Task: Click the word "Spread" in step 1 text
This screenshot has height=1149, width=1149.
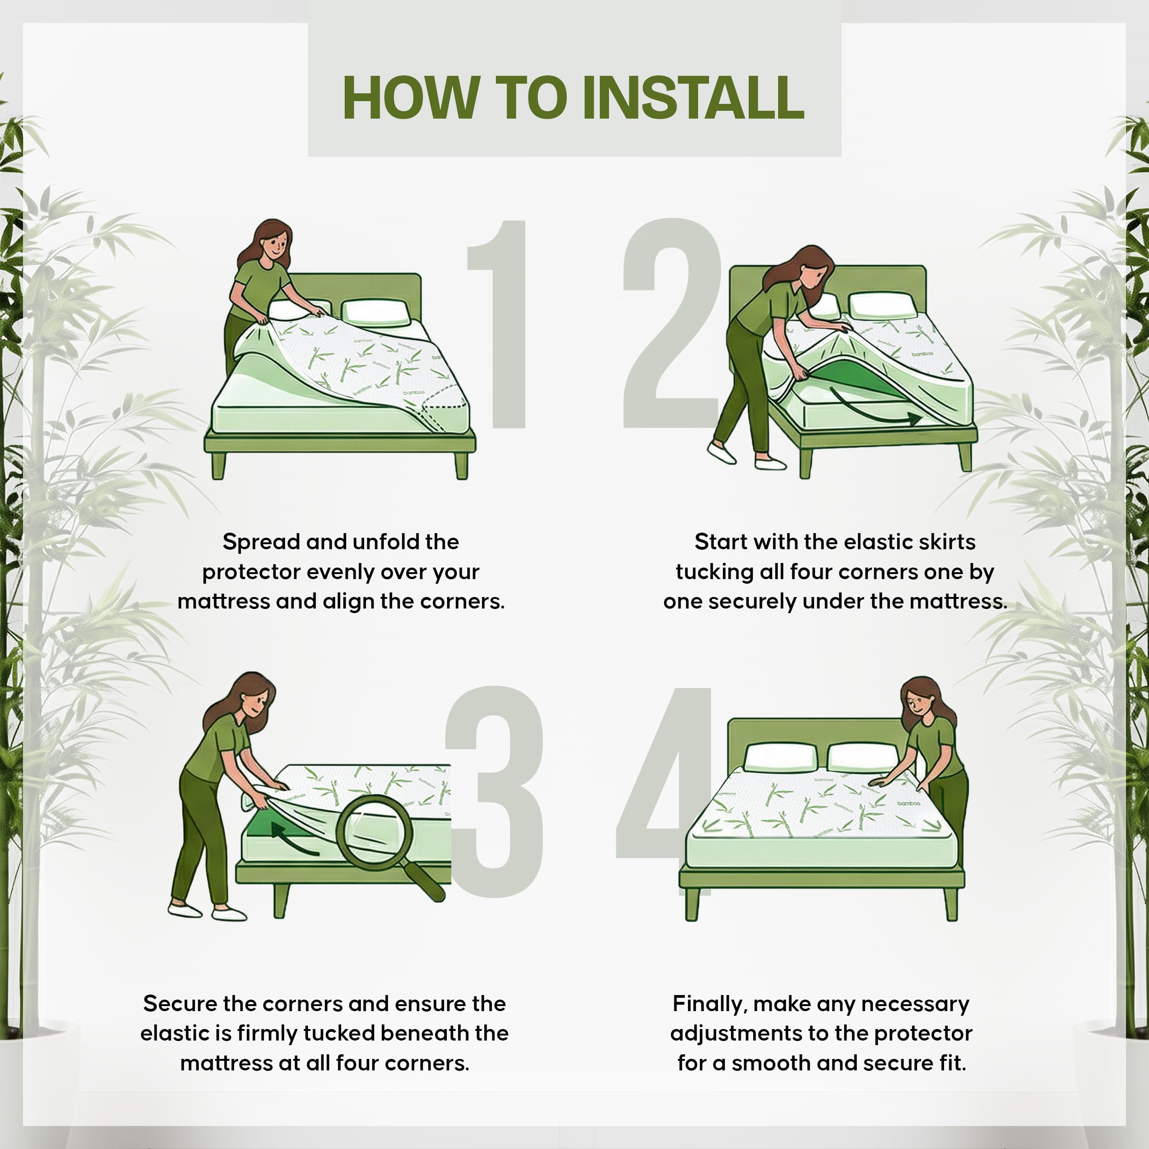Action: coord(261,542)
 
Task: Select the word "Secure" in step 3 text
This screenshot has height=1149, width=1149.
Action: coord(180,1003)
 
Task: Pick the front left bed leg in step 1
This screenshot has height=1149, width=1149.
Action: coord(218,466)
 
